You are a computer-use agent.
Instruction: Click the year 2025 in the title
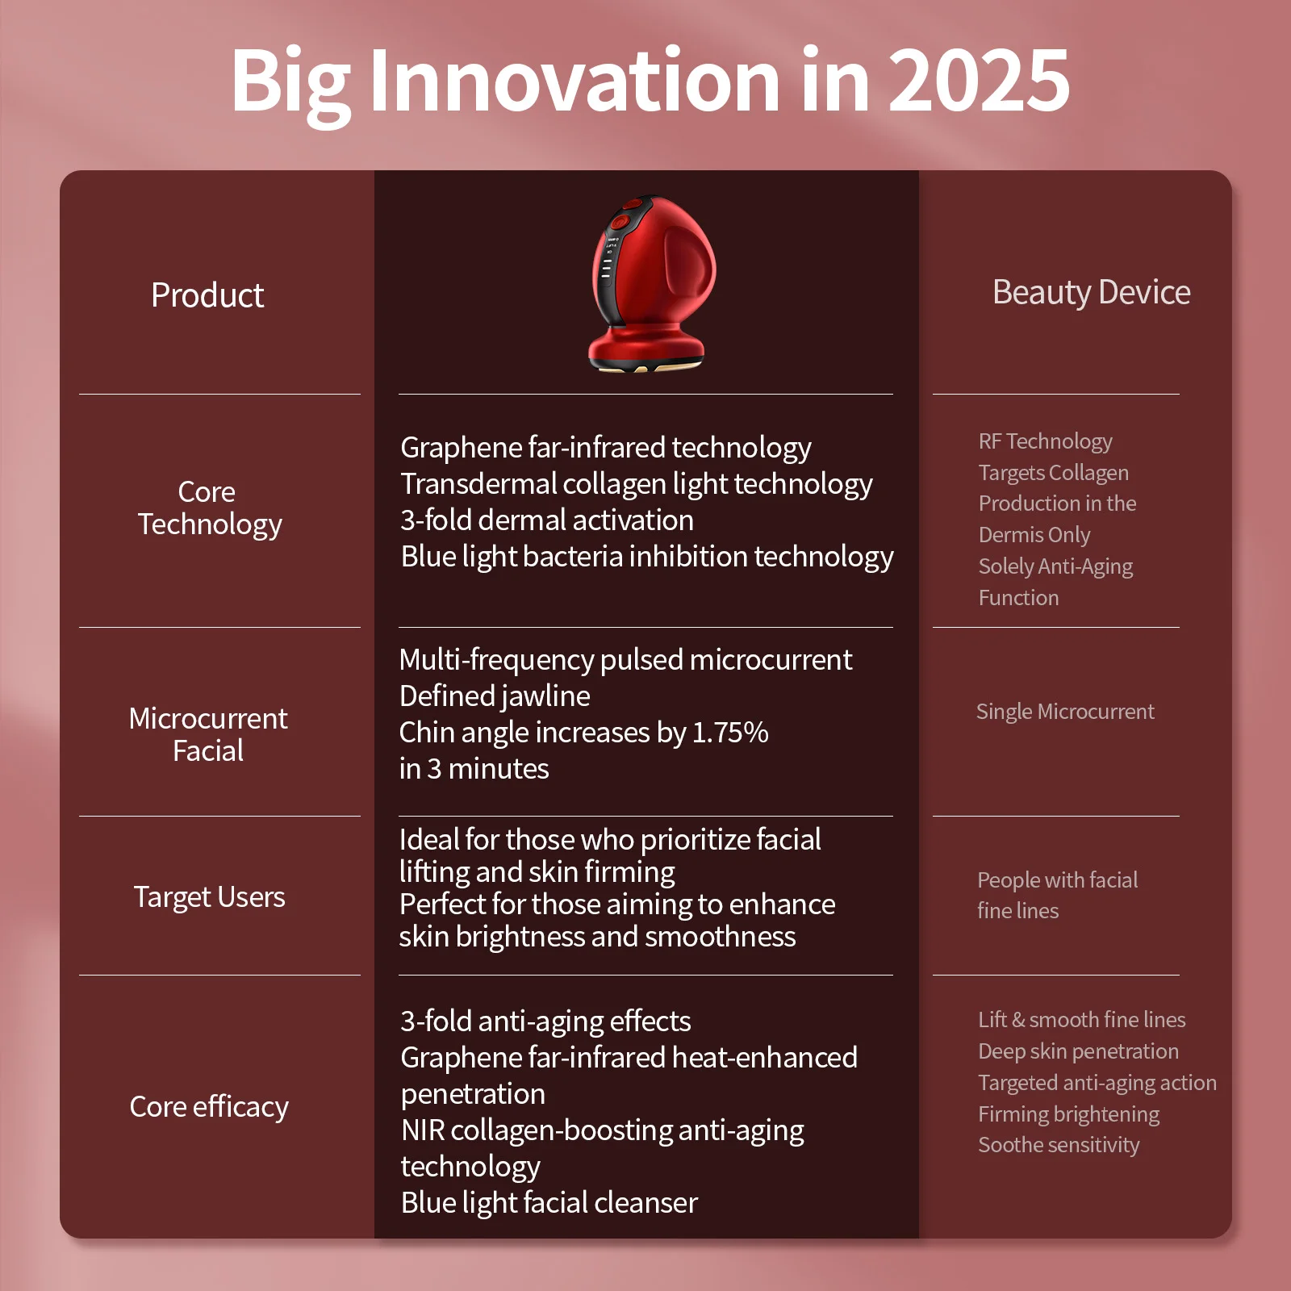(x=979, y=80)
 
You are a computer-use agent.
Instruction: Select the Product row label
(x=207, y=295)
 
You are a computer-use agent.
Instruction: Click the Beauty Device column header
(x=1091, y=292)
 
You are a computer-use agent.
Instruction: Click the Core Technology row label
(x=209, y=508)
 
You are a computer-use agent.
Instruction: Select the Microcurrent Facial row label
(x=208, y=734)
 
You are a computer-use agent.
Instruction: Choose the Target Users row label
(x=209, y=897)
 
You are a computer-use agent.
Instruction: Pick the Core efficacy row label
(x=209, y=1107)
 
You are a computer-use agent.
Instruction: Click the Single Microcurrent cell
(x=1065, y=712)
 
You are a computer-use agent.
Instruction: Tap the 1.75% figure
(x=730, y=733)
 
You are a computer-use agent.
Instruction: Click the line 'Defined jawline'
(x=495, y=696)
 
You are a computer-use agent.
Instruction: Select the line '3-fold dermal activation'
(x=547, y=520)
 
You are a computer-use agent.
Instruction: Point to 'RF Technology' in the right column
(x=1045, y=441)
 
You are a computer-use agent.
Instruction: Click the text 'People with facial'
(x=1057, y=880)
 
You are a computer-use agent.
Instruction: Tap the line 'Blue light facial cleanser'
(x=549, y=1203)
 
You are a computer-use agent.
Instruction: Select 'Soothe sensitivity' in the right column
(x=1059, y=1145)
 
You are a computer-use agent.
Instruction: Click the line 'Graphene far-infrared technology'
(x=606, y=448)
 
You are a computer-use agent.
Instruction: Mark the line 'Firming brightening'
(x=1068, y=1114)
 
